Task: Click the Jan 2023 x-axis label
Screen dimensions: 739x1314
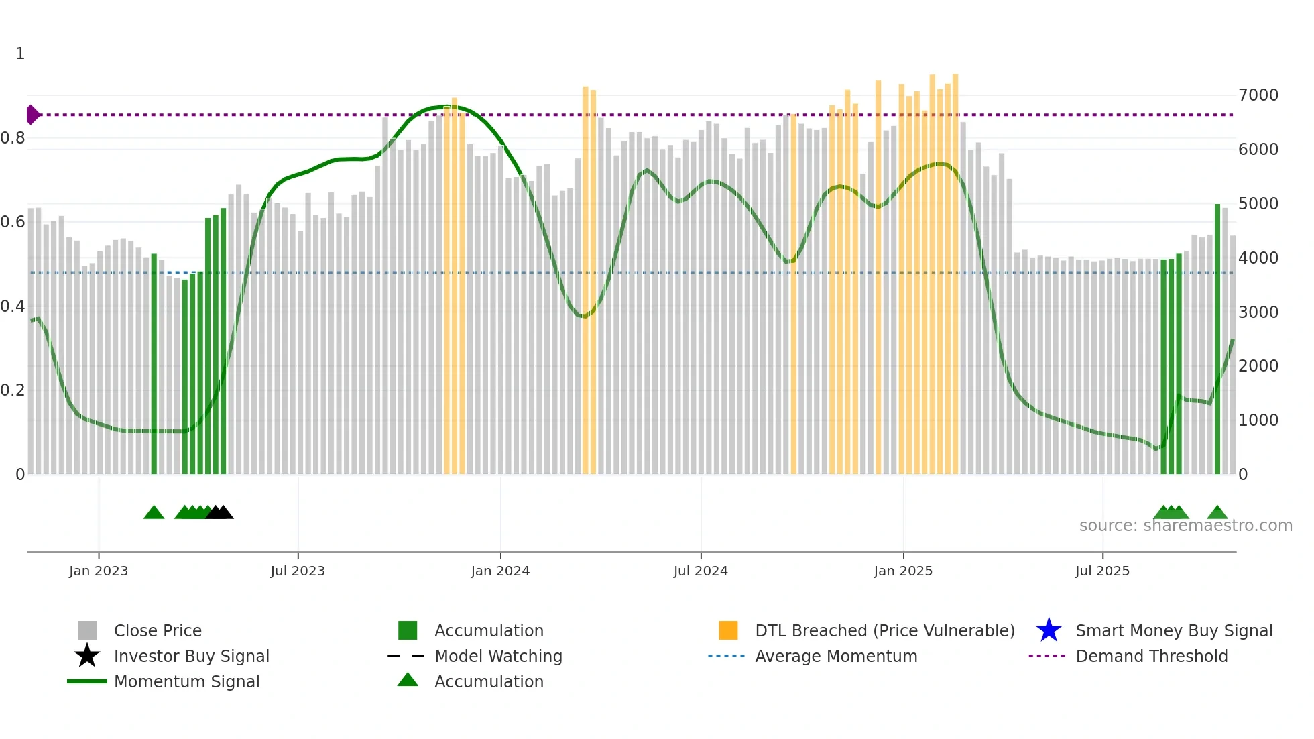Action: (99, 571)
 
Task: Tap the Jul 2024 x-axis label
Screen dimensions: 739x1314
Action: (701, 571)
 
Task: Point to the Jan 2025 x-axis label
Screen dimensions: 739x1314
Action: (903, 571)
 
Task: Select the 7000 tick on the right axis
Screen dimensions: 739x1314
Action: (1258, 95)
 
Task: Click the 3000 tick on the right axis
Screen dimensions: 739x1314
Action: (1258, 312)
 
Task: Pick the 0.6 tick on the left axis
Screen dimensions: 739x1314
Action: (13, 222)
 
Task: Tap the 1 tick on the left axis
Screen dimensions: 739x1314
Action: (20, 54)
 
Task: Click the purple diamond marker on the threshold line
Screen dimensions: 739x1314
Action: (32, 115)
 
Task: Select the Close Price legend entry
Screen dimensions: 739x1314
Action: (158, 630)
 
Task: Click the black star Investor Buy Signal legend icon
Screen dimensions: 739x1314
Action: (87, 656)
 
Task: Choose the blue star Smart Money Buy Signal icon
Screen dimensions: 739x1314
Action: (1049, 630)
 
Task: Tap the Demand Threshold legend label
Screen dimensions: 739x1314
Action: (1151, 656)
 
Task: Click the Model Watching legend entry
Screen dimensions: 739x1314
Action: (498, 656)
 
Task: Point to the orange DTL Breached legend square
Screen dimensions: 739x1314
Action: (728, 630)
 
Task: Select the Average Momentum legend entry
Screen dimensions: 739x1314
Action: (835, 656)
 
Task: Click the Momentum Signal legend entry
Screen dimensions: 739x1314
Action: (186, 681)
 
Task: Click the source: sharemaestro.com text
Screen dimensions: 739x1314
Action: (1185, 526)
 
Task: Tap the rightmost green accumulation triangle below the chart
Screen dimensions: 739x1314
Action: (1217, 513)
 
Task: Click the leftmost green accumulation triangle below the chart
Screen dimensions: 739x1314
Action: (154, 513)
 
